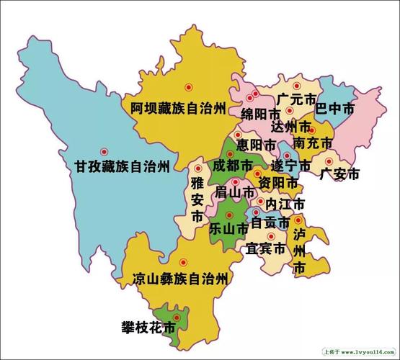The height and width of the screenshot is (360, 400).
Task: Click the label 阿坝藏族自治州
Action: (x=179, y=108)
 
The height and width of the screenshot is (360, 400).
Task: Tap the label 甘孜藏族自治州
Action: (x=122, y=166)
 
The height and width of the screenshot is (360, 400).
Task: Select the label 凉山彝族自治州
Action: (x=180, y=277)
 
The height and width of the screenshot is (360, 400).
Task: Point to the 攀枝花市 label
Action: (x=148, y=328)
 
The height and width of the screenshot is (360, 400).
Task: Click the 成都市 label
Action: (x=232, y=166)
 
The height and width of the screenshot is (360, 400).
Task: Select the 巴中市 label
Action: (x=335, y=109)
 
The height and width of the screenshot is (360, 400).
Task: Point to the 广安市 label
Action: (x=339, y=174)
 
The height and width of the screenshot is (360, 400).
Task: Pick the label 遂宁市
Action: (x=291, y=166)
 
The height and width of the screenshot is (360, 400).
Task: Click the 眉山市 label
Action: (x=235, y=193)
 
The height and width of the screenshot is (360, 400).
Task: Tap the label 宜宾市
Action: (x=265, y=249)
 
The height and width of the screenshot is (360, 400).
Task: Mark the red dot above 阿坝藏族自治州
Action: (x=189, y=86)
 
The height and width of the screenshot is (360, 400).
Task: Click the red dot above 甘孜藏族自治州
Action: (x=104, y=152)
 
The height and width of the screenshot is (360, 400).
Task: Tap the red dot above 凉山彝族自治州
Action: (x=183, y=262)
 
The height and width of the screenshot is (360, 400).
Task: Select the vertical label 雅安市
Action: (x=197, y=199)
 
